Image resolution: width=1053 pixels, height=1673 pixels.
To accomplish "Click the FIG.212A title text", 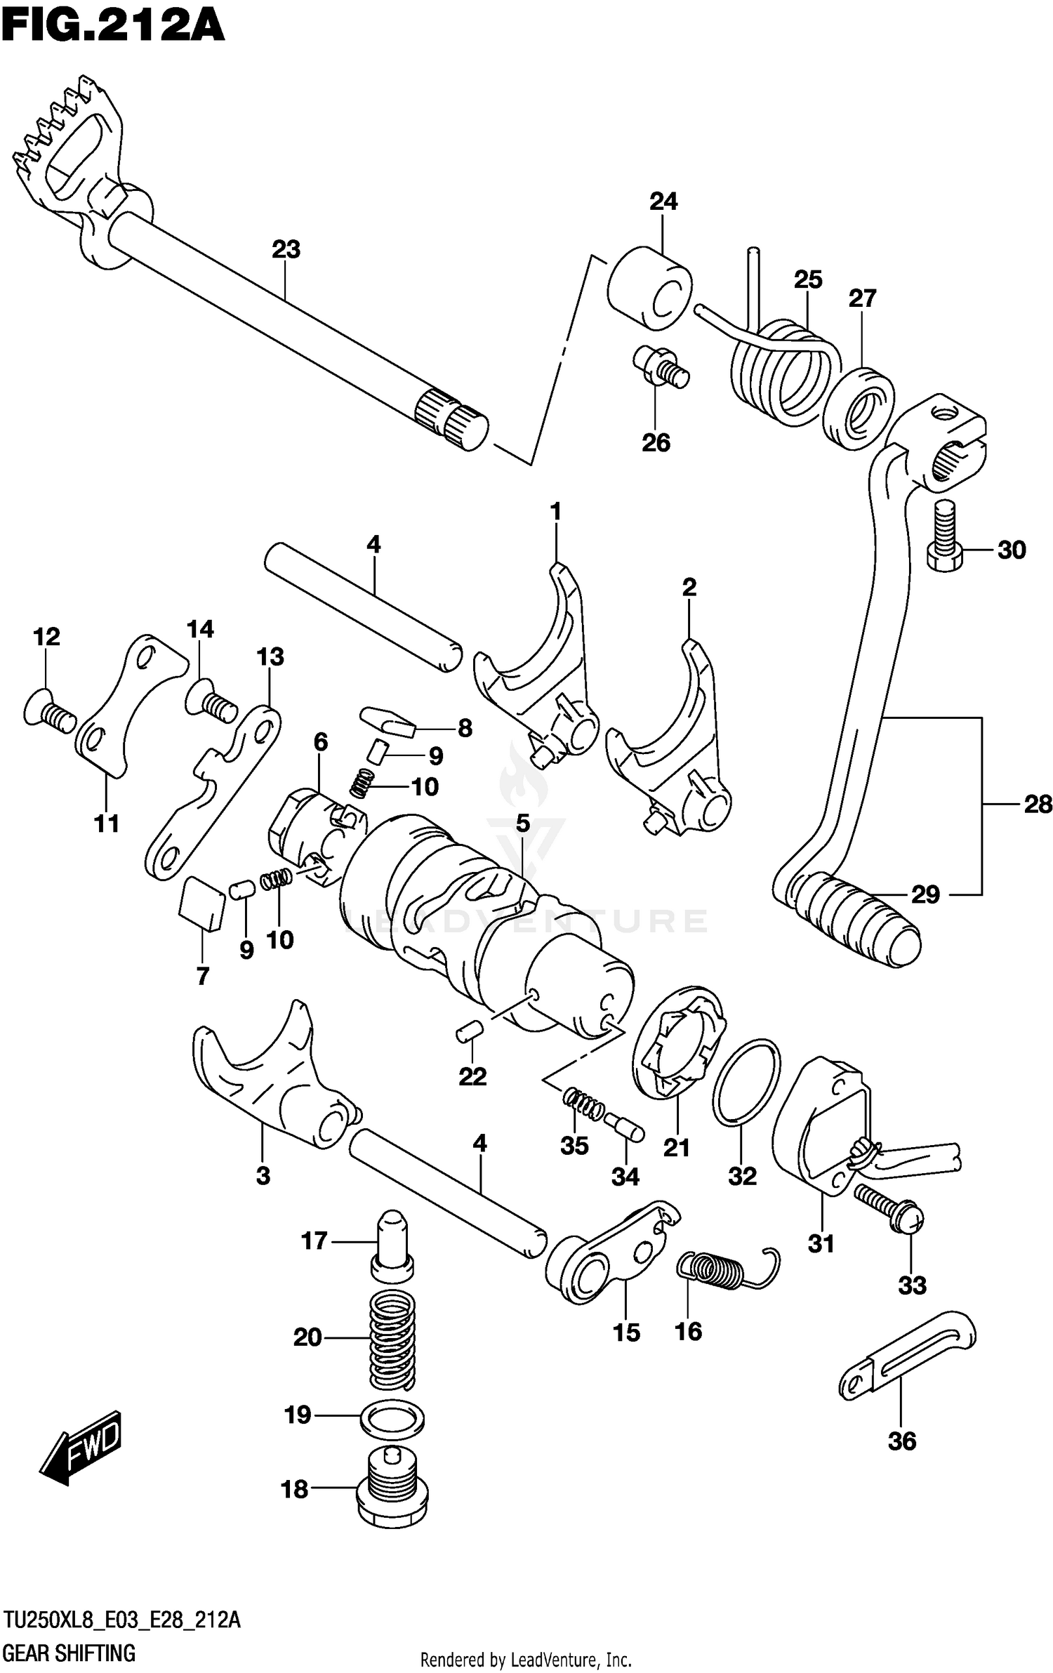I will [112, 27].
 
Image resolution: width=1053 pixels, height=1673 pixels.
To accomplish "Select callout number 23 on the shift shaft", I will [286, 249].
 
